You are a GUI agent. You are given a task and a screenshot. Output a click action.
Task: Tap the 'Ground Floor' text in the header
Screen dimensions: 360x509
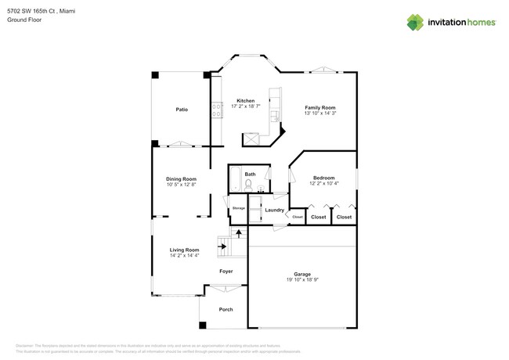tap(23, 20)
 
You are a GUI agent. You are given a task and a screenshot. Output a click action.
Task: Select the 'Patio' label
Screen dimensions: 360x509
tap(181, 110)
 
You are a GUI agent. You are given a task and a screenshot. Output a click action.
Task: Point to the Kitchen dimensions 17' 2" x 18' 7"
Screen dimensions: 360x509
tap(246, 107)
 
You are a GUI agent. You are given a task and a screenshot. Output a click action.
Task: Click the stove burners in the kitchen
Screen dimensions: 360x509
tap(214, 111)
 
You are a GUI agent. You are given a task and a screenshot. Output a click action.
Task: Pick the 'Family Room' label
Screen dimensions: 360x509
tap(319, 107)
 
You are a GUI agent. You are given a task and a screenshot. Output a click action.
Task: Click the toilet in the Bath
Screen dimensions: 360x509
tap(249, 185)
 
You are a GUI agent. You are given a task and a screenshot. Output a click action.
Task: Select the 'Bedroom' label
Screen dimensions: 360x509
tap(323, 178)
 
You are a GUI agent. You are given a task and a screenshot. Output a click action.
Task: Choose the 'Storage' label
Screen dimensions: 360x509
tap(238, 208)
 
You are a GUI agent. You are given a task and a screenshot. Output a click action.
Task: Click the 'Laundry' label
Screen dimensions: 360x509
tap(274, 210)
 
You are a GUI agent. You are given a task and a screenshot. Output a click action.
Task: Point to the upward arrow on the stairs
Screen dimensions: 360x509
tap(238, 232)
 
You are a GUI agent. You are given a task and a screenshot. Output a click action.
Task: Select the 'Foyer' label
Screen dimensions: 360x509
tap(226, 272)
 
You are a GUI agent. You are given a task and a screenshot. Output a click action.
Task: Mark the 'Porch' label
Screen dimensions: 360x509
tap(226, 310)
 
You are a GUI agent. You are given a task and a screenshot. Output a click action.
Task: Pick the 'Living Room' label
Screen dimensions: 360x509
tap(184, 250)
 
